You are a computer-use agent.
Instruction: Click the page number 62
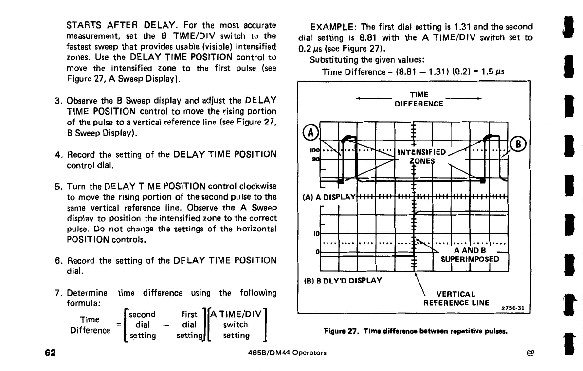click(49, 352)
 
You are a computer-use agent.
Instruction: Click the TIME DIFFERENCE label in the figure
click(419, 99)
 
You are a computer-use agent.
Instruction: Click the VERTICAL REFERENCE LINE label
click(456, 299)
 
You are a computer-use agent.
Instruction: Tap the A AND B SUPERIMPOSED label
click(470, 254)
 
